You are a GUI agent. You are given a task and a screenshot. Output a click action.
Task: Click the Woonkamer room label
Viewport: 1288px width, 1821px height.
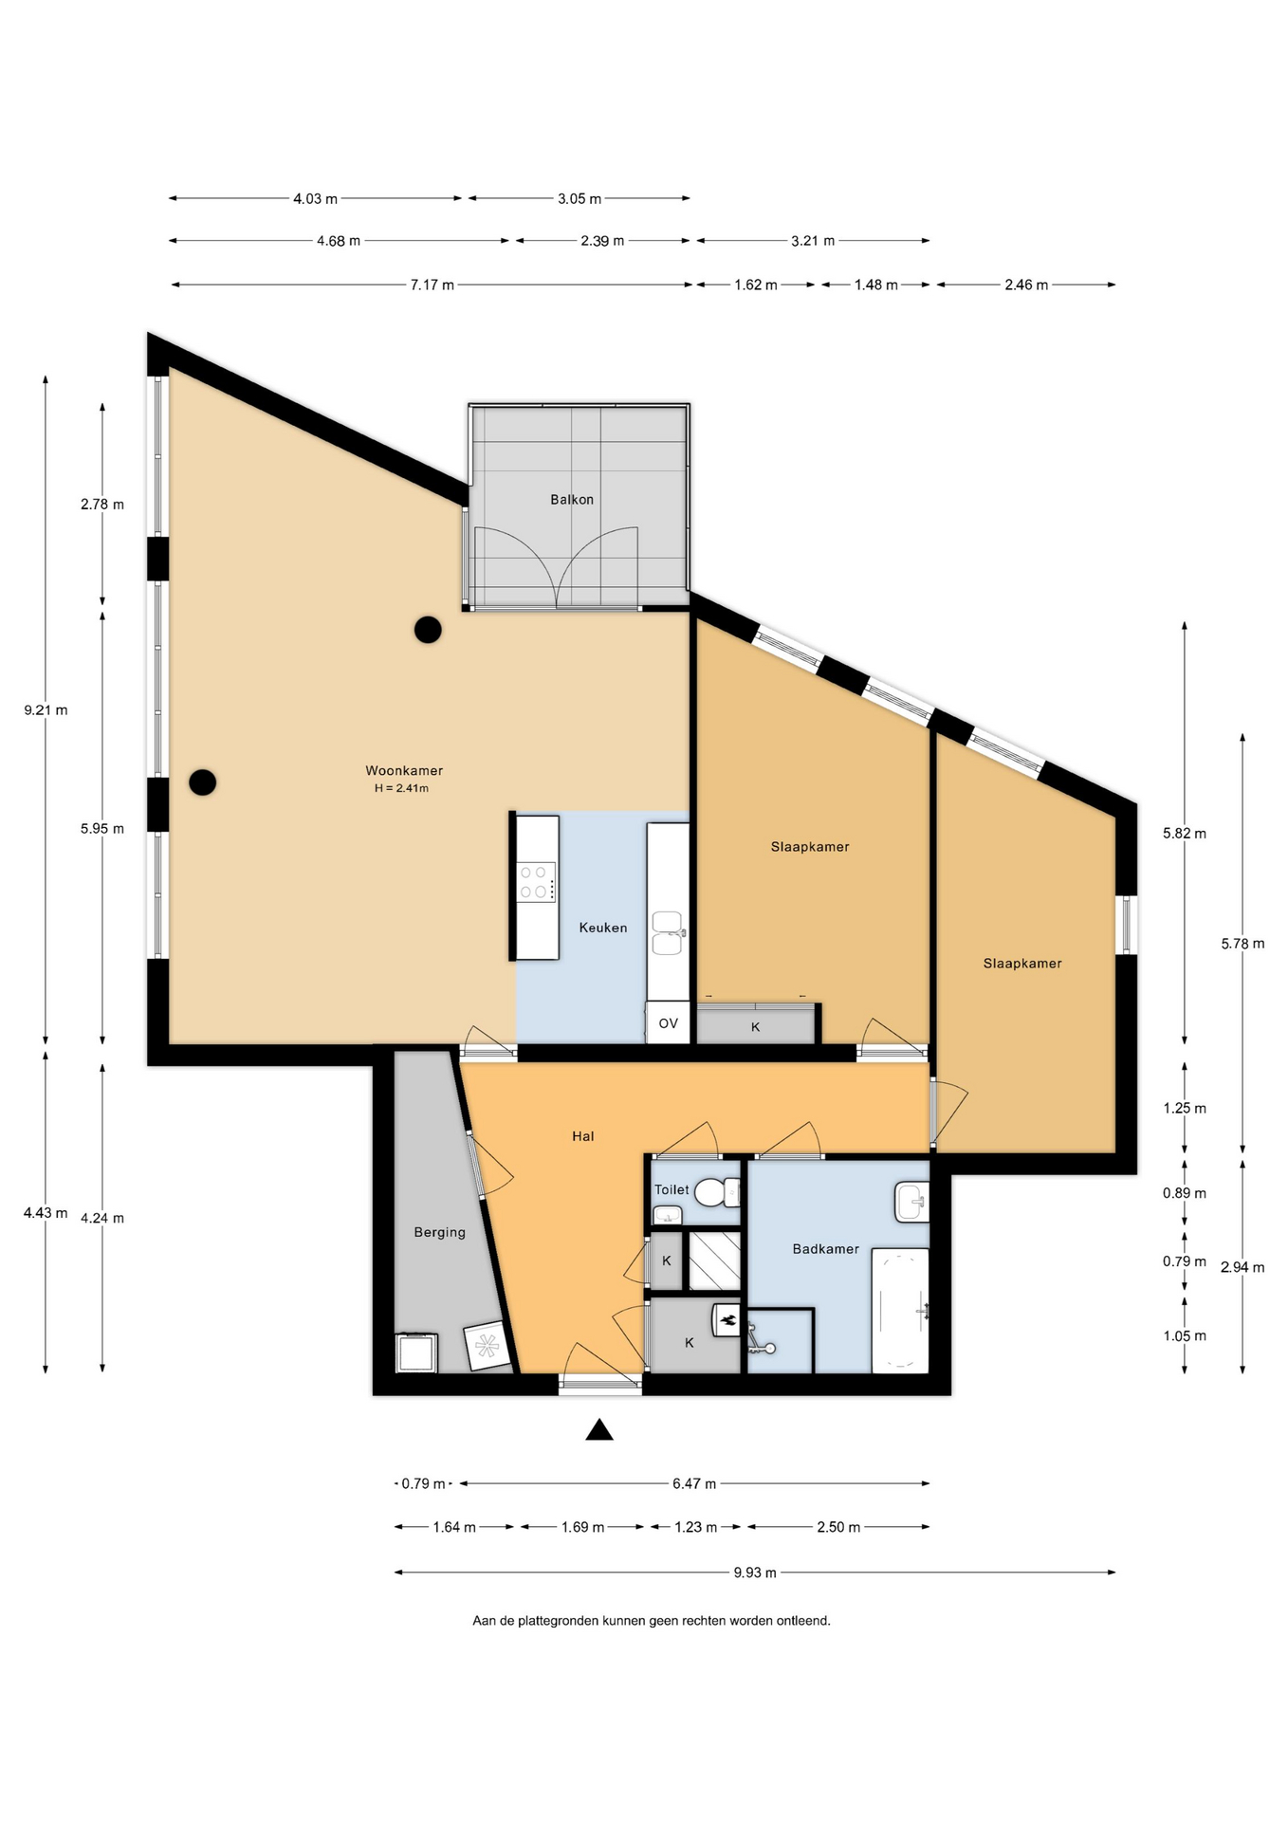coord(404,770)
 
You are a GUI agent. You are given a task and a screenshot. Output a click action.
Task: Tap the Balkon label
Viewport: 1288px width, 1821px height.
coord(572,499)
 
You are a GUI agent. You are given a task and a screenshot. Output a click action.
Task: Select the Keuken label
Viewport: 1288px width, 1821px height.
coord(603,928)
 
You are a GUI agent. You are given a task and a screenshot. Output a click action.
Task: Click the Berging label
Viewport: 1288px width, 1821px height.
coord(439,1232)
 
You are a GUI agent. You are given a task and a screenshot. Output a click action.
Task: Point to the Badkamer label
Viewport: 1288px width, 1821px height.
coord(825,1249)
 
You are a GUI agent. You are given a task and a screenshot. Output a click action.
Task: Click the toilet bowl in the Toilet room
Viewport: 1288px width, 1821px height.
coord(717,1191)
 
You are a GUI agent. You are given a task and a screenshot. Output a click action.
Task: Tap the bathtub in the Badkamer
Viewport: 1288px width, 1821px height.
coord(900,1310)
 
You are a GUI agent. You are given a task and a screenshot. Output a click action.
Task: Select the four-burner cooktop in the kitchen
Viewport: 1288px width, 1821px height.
coord(537,881)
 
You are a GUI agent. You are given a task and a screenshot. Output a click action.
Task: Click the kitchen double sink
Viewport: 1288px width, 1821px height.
coord(668,933)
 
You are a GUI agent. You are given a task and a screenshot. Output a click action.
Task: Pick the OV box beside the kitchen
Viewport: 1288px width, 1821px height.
coord(668,1023)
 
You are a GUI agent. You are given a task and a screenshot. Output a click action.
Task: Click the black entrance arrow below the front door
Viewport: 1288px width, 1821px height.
coord(599,1429)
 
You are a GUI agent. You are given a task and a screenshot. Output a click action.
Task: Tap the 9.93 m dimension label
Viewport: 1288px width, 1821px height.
coord(755,1573)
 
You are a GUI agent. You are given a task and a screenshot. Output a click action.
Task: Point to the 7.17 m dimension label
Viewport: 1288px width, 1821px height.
coord(432,285)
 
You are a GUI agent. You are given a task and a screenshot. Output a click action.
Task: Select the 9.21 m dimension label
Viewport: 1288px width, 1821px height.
coord(46,709)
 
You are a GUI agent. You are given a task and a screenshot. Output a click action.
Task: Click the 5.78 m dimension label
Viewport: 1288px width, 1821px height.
coord(1242,944)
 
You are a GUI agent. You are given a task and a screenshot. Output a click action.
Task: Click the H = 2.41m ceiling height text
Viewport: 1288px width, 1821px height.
coord(401,788)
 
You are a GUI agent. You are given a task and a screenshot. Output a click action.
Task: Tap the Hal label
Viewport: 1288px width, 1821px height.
coord(582,1136)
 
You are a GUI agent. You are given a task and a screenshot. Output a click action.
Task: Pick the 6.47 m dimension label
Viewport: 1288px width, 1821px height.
coord(694,1483)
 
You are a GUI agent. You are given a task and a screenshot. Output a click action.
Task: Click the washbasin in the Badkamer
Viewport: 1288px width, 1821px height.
coord(912,1203)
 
